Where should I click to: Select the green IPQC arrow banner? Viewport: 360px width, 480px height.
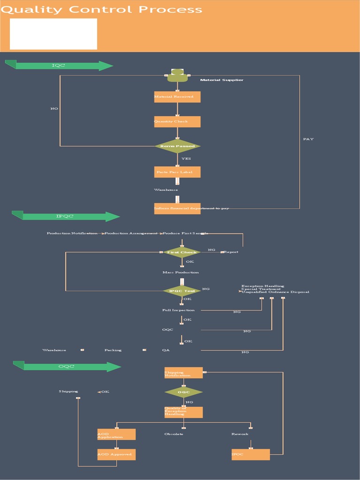coord(66,217)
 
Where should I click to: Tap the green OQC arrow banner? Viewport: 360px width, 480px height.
coord(67,367)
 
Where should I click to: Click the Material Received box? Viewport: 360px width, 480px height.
coord(177,97)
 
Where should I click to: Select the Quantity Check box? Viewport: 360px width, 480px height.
coord(177,122)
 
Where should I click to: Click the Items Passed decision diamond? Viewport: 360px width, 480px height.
coord(177,146)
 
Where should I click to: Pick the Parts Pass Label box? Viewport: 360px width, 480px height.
coord(177,172)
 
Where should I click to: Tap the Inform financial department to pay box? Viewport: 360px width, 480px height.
coord(177,209)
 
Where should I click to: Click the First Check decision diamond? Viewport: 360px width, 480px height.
coord(182,252)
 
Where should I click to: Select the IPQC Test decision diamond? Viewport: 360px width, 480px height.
coord(182,291)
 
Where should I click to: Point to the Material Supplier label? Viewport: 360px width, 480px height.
coord(222,80)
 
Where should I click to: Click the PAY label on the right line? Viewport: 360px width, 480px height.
coord(308,139)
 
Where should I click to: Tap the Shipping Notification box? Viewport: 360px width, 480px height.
coord(183,373)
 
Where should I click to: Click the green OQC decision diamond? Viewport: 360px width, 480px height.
coord(183,392)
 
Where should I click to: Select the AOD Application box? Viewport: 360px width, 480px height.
coord(116,435)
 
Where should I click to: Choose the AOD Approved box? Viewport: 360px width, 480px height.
coord(116,455)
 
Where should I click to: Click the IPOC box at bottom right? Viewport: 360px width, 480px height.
coord(250,455)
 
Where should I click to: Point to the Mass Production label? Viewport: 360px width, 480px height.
coord(180,272)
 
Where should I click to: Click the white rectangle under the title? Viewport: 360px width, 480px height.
coord(53,34)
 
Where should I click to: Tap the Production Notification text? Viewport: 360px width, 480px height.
coord(72,233)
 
